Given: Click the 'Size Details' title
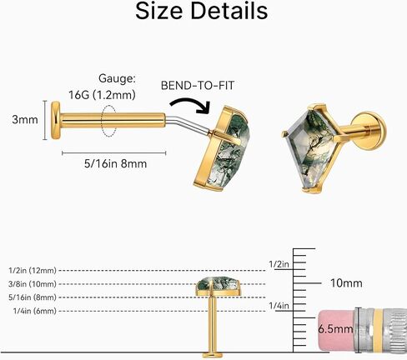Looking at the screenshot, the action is coord(202,11).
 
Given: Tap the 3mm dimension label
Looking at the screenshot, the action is coord(25,120).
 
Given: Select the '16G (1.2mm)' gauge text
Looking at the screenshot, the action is coord(102,95).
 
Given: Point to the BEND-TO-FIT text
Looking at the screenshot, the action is coord(198,85).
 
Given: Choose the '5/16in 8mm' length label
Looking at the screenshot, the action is coord(115,163).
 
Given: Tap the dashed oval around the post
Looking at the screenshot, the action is coord(108,121).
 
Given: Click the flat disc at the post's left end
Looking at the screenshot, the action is coord(55,120).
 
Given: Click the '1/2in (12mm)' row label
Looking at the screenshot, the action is coord(33,270).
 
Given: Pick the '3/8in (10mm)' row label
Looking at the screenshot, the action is coord(33,284).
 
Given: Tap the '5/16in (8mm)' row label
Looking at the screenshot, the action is coord(33,297).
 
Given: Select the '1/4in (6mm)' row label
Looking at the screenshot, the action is coord(35,311).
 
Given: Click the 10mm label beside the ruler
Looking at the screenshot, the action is coord(346,283).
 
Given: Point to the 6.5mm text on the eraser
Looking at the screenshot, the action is coord(335,329).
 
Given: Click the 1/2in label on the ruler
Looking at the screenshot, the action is coord(279,264).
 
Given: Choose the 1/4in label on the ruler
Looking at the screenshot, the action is coord(279,306).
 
